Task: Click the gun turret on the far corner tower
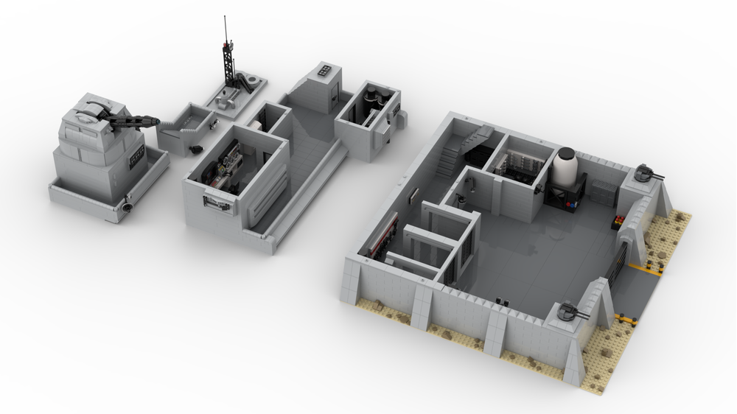point(646,173)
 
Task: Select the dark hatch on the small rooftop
point(324,71)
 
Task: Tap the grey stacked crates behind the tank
point(602,194)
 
